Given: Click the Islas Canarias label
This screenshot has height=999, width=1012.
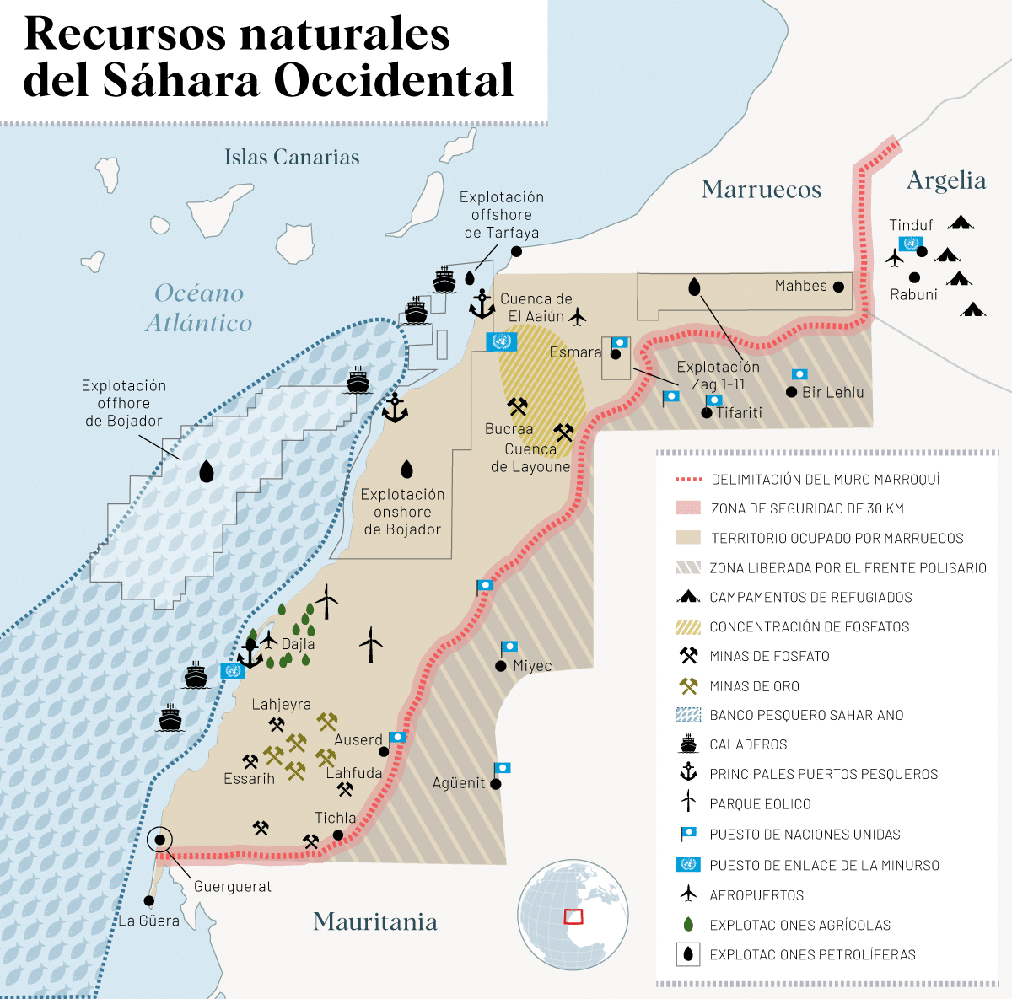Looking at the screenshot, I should pos(292,157).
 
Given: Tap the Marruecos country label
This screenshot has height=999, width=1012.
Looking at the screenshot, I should pos(761,190).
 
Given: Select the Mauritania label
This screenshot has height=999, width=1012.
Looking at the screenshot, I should pos(375,921).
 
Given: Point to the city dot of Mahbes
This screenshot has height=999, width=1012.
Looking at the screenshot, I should pos(838,287).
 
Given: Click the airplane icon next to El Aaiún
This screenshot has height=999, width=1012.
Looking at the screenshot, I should pos(578,317).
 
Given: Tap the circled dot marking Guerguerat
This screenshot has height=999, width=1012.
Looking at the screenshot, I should pos(159,841).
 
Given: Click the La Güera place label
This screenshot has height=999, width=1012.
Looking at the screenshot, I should pos(149,921).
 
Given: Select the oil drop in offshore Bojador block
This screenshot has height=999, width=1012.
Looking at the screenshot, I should pos(206,471).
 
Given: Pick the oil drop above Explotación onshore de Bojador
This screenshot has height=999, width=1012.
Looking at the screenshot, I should pos(406,469).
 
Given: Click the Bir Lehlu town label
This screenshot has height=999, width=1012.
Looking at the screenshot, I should pos(832,392).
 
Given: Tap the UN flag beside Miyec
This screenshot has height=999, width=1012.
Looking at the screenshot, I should pos(509,647).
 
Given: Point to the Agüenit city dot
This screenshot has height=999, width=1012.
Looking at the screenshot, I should pos(496,784).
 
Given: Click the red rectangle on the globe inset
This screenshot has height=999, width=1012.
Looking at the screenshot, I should pos(573,916).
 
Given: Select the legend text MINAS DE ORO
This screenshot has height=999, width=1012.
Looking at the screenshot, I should pos(754,686).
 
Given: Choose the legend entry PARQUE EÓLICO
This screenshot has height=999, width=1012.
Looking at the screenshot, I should pos(760,804).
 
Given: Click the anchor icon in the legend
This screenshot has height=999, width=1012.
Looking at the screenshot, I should pos(689,772).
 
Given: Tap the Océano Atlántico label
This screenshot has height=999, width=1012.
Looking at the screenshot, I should pos(199,308).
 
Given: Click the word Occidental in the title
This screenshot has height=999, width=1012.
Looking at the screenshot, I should pos(393,80).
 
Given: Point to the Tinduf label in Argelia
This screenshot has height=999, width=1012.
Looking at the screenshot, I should pos(911,225).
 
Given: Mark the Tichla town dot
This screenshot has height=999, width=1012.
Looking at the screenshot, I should pos(338,835).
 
